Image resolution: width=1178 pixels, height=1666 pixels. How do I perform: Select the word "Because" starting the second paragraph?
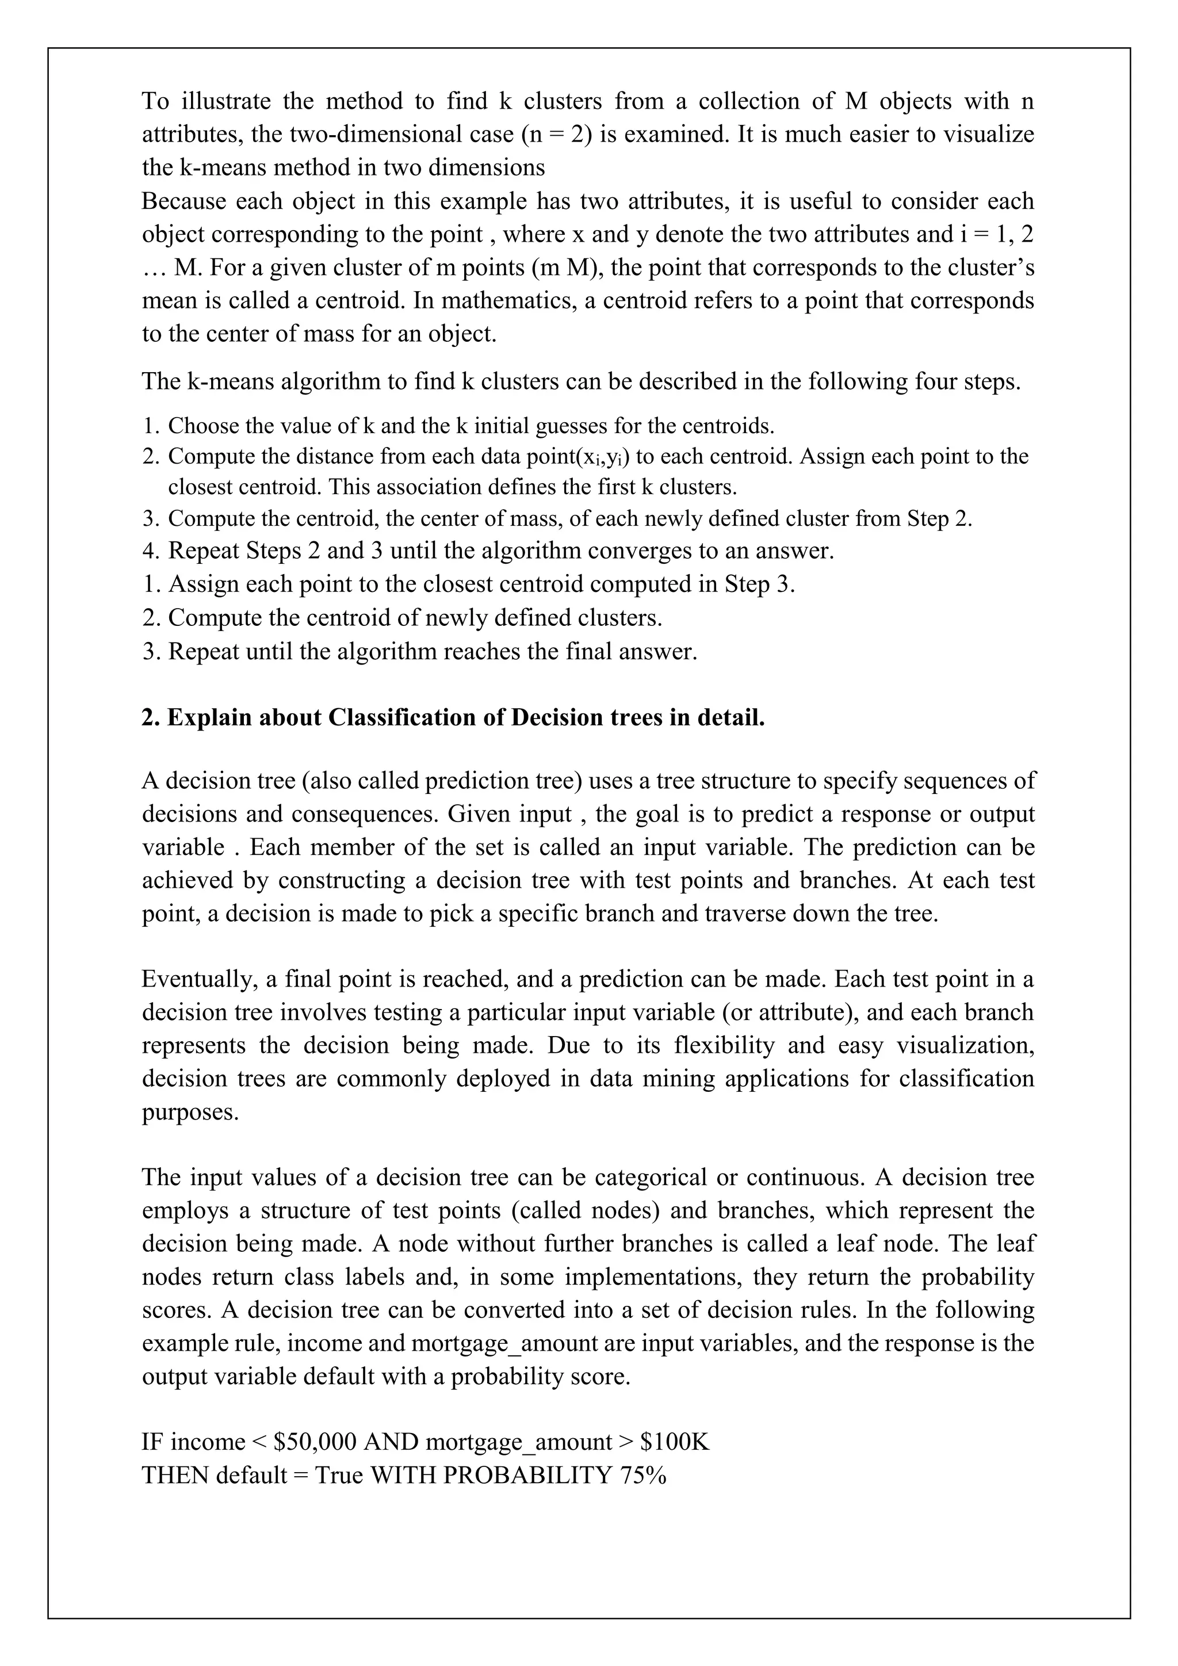[183, 201]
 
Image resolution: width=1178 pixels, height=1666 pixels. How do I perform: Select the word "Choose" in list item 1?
[201, 425]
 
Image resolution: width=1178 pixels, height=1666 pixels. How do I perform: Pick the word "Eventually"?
[200, 979]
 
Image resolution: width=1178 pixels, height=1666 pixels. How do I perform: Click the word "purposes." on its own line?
[190, 1111]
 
